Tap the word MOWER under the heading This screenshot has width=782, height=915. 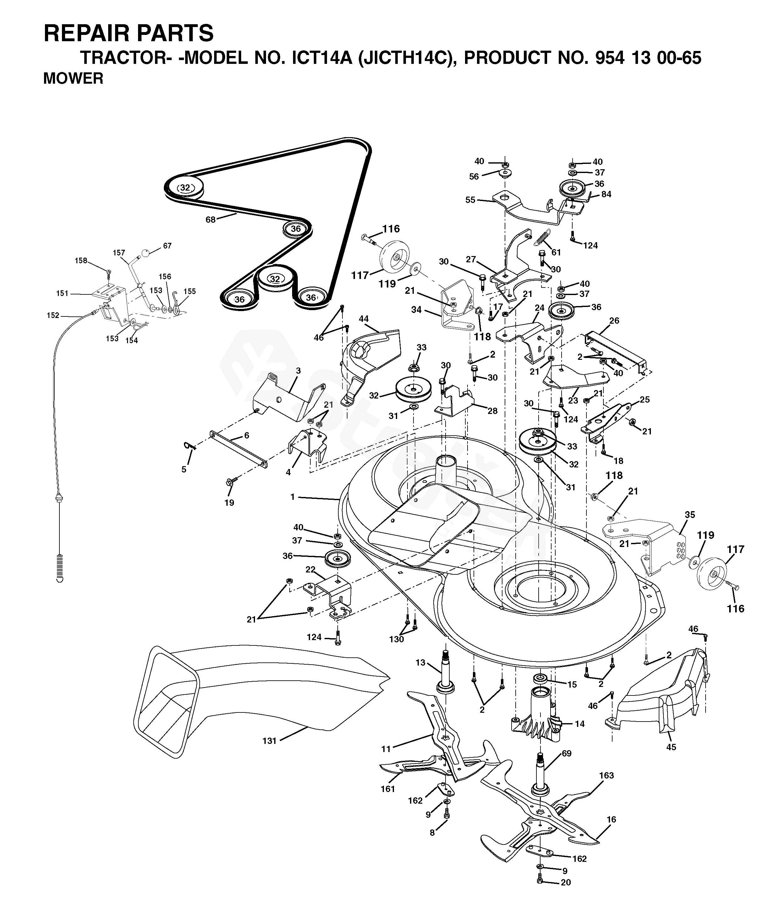click(x=73, y=79)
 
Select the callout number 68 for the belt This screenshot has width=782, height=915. click(x=211, y=220)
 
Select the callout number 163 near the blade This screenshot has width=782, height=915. click(x=606, y=775)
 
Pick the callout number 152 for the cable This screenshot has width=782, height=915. click(x=53, y=315)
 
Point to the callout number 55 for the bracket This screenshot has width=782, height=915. click(x=470, y=200)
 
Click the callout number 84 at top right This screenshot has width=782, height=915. click(x=606, y=194)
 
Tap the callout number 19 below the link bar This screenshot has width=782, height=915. click(x=229, y=503)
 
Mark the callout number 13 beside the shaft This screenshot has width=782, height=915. click(x=420, y=662)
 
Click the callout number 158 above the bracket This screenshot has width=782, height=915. click(x=81, y=260)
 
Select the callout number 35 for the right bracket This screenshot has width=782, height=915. click(x=690, y=515)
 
